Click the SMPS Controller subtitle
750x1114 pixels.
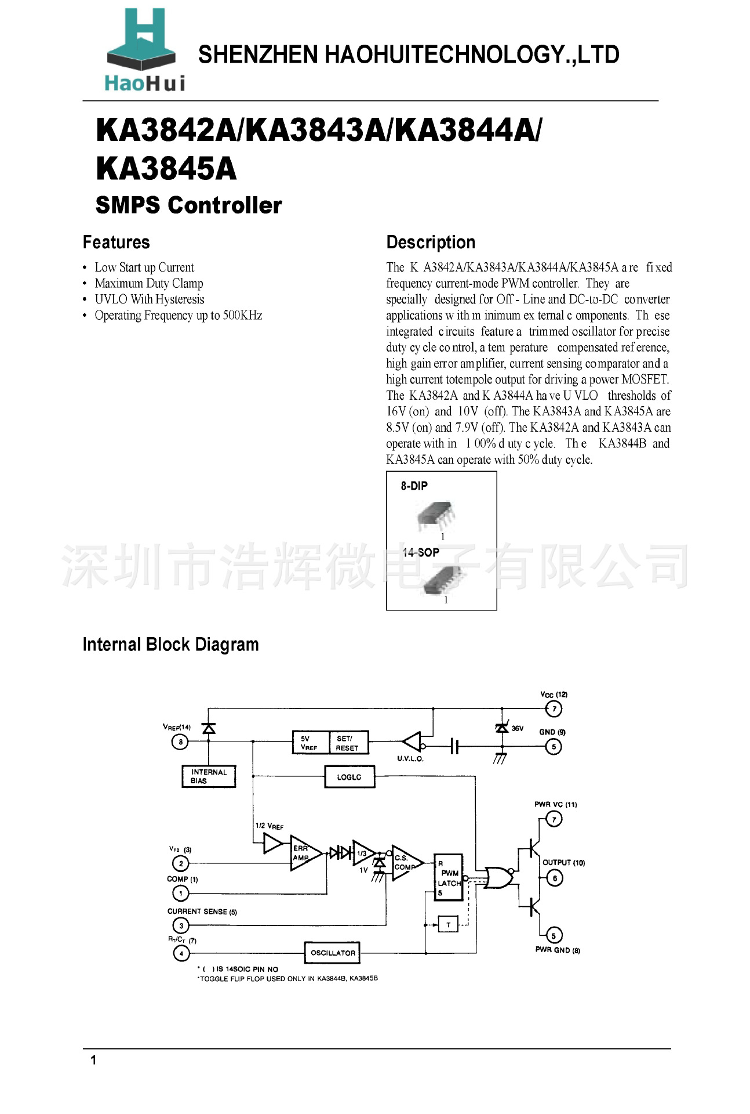click(188, 205)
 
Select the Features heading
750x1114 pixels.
click(116, 242)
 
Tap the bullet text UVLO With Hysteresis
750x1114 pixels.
click(150, 299)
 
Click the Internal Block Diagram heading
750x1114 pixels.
click(170, 645)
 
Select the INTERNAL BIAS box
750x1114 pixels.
click(209, 776)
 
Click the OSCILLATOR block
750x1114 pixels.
click(333, 953)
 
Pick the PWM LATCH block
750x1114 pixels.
click(449, 877)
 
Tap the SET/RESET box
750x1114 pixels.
click(347, 743)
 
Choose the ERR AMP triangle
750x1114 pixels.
click(304, 853)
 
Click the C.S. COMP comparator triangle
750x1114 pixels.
click(406, 862)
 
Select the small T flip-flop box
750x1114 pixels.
click(448, 925)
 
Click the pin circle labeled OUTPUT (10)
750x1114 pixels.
click(555, 878)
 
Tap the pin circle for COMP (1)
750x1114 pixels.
click(181, 894)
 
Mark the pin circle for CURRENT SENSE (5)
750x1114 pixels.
click(181, 925)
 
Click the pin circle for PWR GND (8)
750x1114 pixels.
click(554, 935)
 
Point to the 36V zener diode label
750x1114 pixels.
click(517, 728)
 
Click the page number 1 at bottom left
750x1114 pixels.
click(93, 1060)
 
